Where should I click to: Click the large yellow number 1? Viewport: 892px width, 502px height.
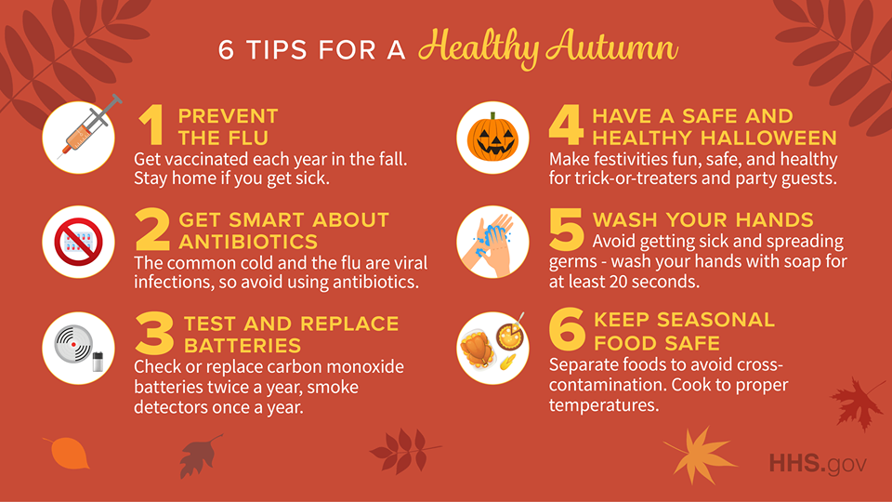tap(152, 126)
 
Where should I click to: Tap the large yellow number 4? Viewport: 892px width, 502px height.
tap(566, 127)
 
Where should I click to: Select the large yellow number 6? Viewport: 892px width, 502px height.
tap(566, 330)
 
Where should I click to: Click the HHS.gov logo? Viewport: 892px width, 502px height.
tap(817, 463)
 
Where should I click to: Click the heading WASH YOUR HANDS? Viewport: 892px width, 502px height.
tap(702, 220)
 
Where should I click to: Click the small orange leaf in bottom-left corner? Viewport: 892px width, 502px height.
tap(67, 452)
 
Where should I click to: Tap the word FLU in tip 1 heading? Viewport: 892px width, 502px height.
tap(248, 138)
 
